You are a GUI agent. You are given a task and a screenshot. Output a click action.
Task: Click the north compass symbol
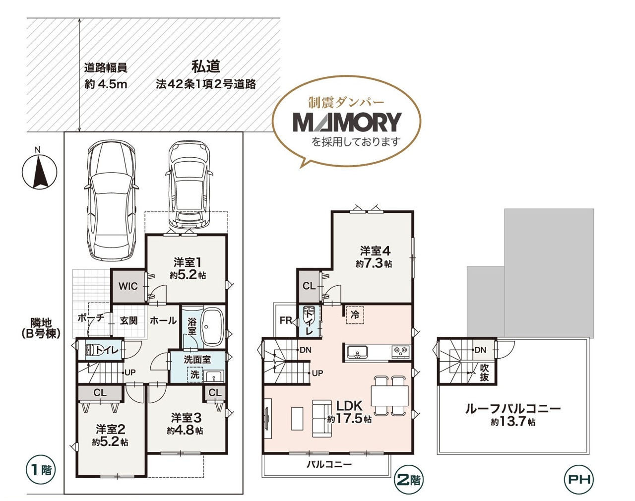40,172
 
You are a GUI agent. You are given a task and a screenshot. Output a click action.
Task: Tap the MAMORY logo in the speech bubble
347,122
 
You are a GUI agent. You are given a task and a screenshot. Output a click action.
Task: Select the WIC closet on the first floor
128,286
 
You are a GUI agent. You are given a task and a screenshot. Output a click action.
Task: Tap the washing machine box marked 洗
195,374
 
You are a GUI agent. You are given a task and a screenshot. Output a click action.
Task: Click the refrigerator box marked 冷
355,315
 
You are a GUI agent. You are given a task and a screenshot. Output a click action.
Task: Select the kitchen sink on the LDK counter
357,352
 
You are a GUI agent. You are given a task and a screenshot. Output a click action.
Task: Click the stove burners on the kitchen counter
400,352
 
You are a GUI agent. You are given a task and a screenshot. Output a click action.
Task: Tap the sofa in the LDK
322,419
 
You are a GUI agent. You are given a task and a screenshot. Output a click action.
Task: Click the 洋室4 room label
375,251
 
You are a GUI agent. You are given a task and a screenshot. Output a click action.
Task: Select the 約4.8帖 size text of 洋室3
185,431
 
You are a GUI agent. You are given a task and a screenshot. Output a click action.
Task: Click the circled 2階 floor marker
409,480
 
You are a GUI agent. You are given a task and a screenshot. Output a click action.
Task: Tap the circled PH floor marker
579,480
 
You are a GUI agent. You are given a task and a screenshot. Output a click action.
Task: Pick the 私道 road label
206,66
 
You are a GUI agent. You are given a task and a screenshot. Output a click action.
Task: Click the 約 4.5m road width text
106,85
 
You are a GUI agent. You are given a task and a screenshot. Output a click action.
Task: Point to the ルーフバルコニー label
513,409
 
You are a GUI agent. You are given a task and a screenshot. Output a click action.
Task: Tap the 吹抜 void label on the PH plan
484,373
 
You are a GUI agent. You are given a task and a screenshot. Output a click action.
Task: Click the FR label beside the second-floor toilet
286,320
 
